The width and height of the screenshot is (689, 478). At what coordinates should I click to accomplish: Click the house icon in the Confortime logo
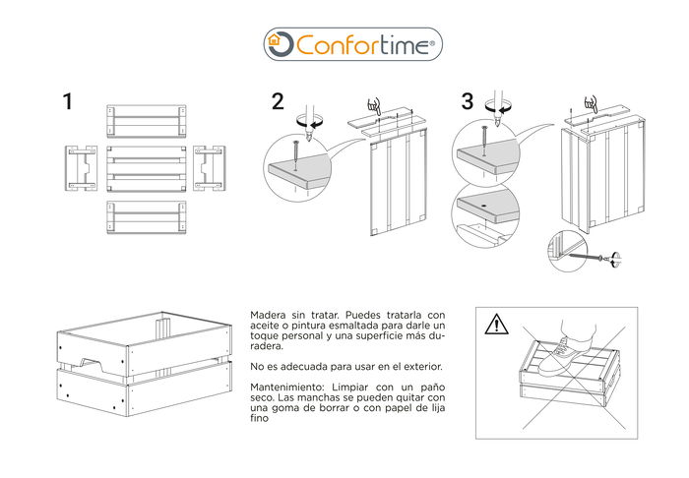(280, 43)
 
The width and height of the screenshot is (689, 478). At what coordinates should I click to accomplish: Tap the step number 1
(67, 102)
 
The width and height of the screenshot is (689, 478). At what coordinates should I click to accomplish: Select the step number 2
(278, 101)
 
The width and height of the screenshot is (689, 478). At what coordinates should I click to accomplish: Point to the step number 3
(467, 101)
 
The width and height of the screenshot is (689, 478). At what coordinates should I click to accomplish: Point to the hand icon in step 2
(372, 105)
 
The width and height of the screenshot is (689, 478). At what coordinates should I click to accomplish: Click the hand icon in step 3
(590, 103)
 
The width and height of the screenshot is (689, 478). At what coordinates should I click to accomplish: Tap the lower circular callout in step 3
(485, 216)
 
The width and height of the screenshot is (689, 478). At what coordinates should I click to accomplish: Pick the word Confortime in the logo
(362, 44)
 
